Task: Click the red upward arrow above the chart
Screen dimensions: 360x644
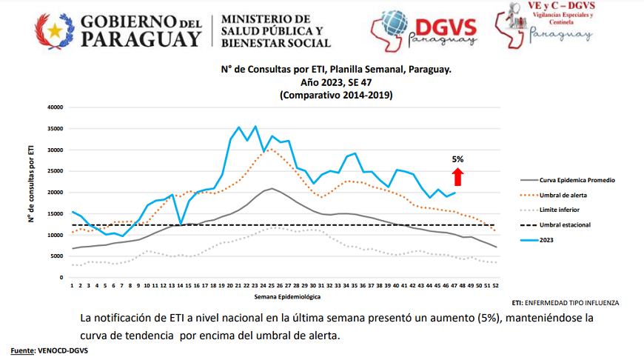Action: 458,176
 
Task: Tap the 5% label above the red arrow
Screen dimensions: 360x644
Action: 458,159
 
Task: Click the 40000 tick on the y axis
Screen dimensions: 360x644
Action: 56,107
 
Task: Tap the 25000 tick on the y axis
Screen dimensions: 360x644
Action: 56,171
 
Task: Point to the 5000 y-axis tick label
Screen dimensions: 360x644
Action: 58,256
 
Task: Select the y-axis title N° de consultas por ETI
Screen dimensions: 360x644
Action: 31,193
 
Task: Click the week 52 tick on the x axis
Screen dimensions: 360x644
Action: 494,285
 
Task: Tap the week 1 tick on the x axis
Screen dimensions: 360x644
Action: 72,285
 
